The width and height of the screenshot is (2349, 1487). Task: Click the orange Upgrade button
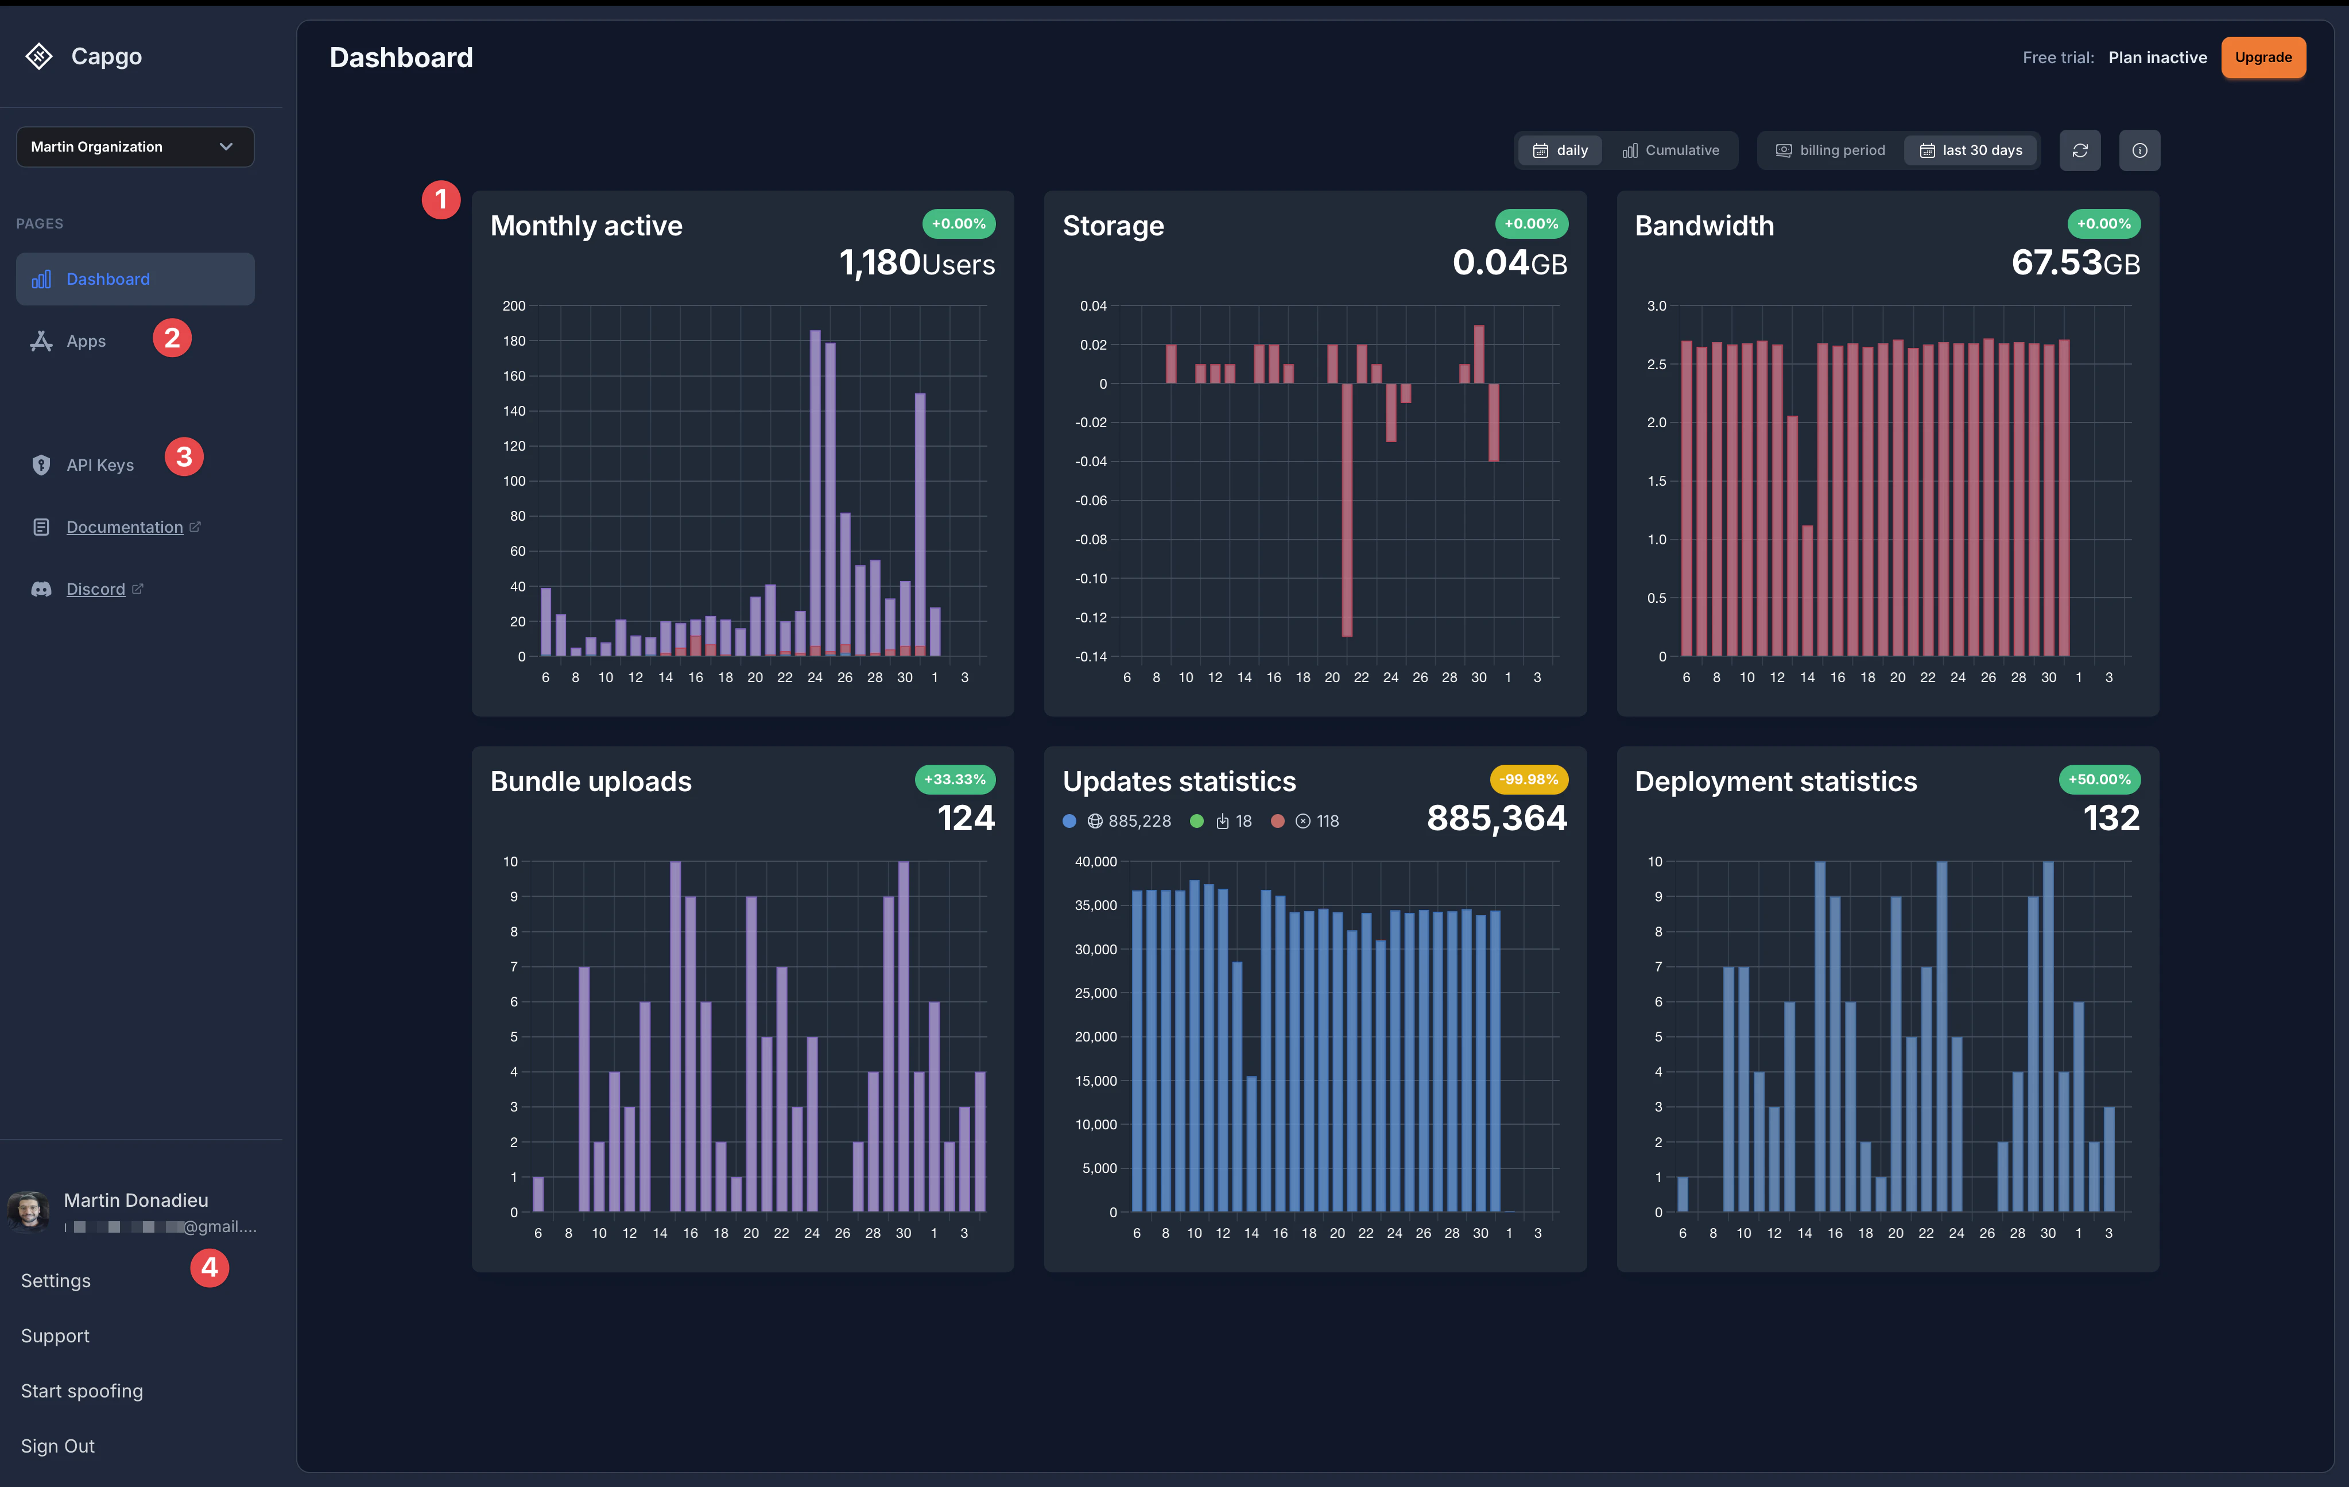(2262, 57)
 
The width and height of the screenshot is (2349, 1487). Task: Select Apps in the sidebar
(86, 342)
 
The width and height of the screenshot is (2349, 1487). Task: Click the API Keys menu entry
(99, 466)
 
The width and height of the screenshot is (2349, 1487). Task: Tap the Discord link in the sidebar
(96, 589)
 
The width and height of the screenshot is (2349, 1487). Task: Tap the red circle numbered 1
(441, 200)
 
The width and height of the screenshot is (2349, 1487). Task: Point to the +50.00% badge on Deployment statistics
(2099, 780)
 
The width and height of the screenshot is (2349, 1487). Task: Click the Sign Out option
(57, 1446)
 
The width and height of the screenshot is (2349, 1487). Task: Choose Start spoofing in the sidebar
(82, 1391)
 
